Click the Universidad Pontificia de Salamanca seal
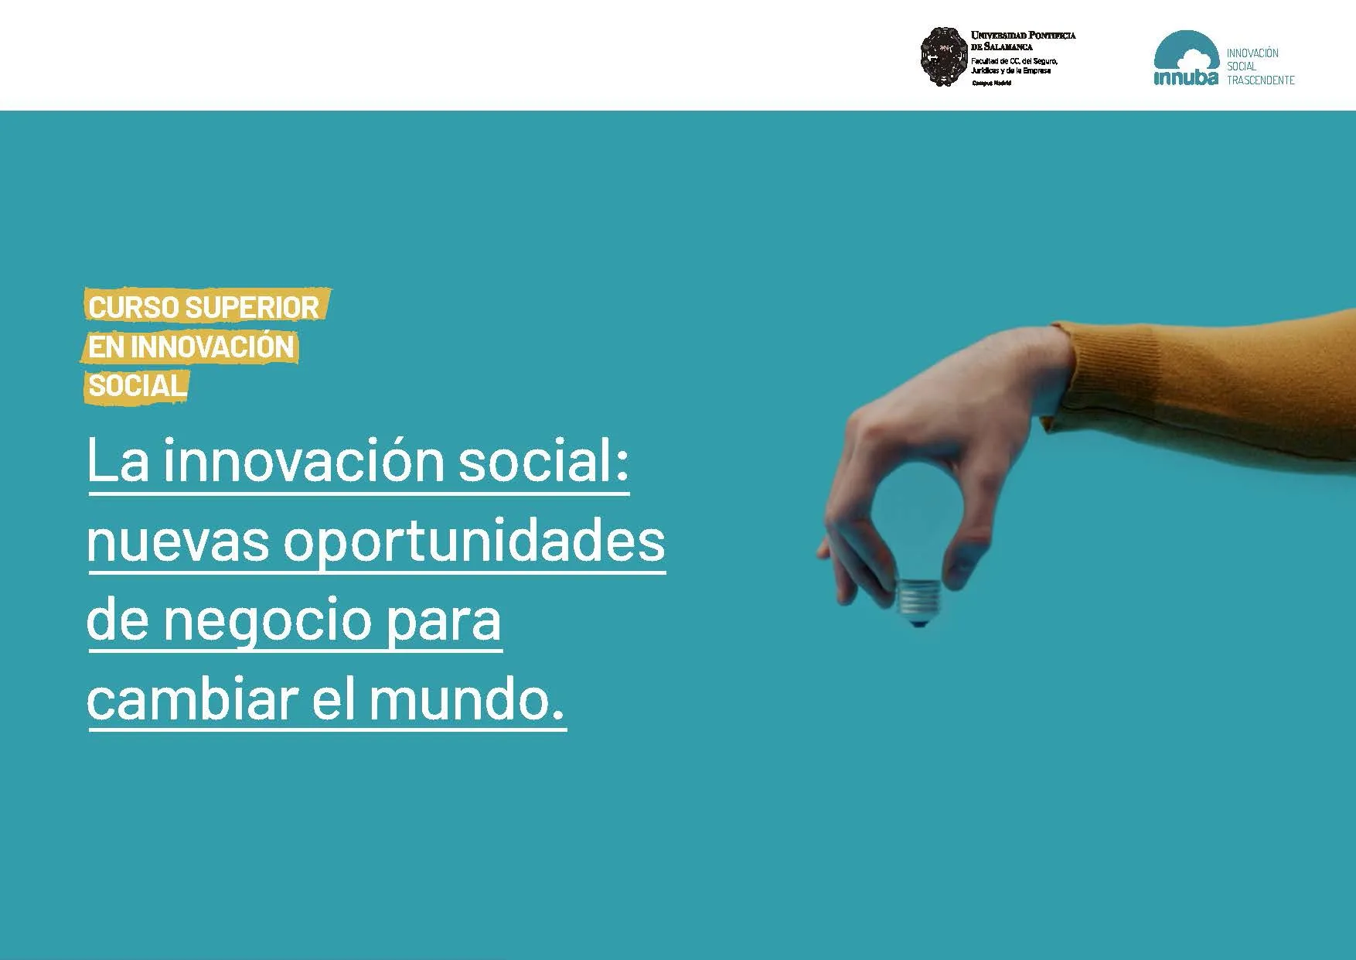(944, 56)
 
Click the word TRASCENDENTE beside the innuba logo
(1260, 80)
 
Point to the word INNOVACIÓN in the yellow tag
(213, 347)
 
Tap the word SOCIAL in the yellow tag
(138, 386)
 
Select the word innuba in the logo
(1185, 78)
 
